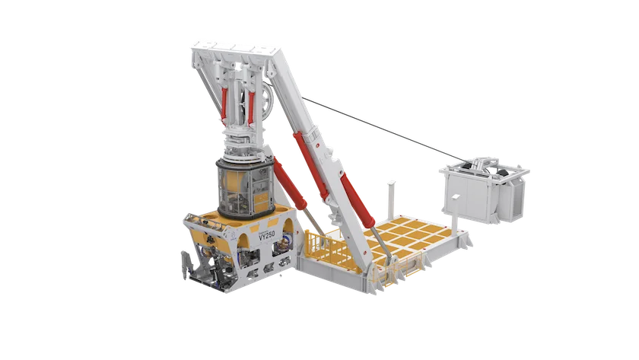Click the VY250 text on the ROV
pyautogui.click(x=267, y=235)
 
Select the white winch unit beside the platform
pyautogui.click(x=484, y=189)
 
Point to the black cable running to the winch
pyautogui.click(x=383, y=129)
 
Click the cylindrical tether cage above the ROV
pyautogui.click(x=245, y=186)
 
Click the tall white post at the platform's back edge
pyautogui.click(x=391, y=199)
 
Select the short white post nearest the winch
pyautogui.click(x=455, y=211)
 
